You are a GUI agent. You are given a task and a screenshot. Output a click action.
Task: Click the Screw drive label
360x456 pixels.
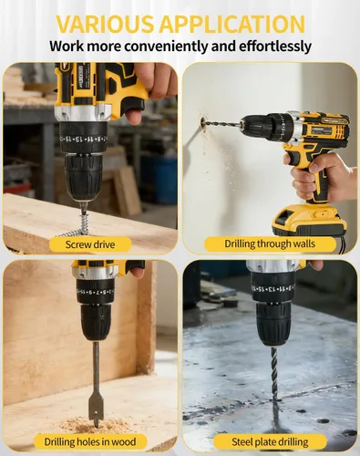(x=90, y=244)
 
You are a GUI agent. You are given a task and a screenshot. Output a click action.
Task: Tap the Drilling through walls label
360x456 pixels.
(x=270, y=244)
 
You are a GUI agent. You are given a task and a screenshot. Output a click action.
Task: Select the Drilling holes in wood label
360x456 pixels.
(x=90, y=441)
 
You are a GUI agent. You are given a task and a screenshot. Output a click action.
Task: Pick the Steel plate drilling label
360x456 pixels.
(x=270, y=441)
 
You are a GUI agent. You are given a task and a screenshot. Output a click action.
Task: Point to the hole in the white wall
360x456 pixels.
(x=202, y=123)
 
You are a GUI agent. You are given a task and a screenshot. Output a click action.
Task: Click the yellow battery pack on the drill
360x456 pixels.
(x=309, y=220)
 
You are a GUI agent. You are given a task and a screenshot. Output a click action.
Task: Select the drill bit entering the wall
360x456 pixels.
(x=222, y=124)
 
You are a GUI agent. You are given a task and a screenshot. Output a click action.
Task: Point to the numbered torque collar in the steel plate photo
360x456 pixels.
(x=273, y=288)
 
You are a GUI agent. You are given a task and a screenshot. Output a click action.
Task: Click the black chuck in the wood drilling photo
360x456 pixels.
(x=96, y=322)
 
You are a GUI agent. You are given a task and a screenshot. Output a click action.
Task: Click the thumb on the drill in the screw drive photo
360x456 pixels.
(x=133, y=114)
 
